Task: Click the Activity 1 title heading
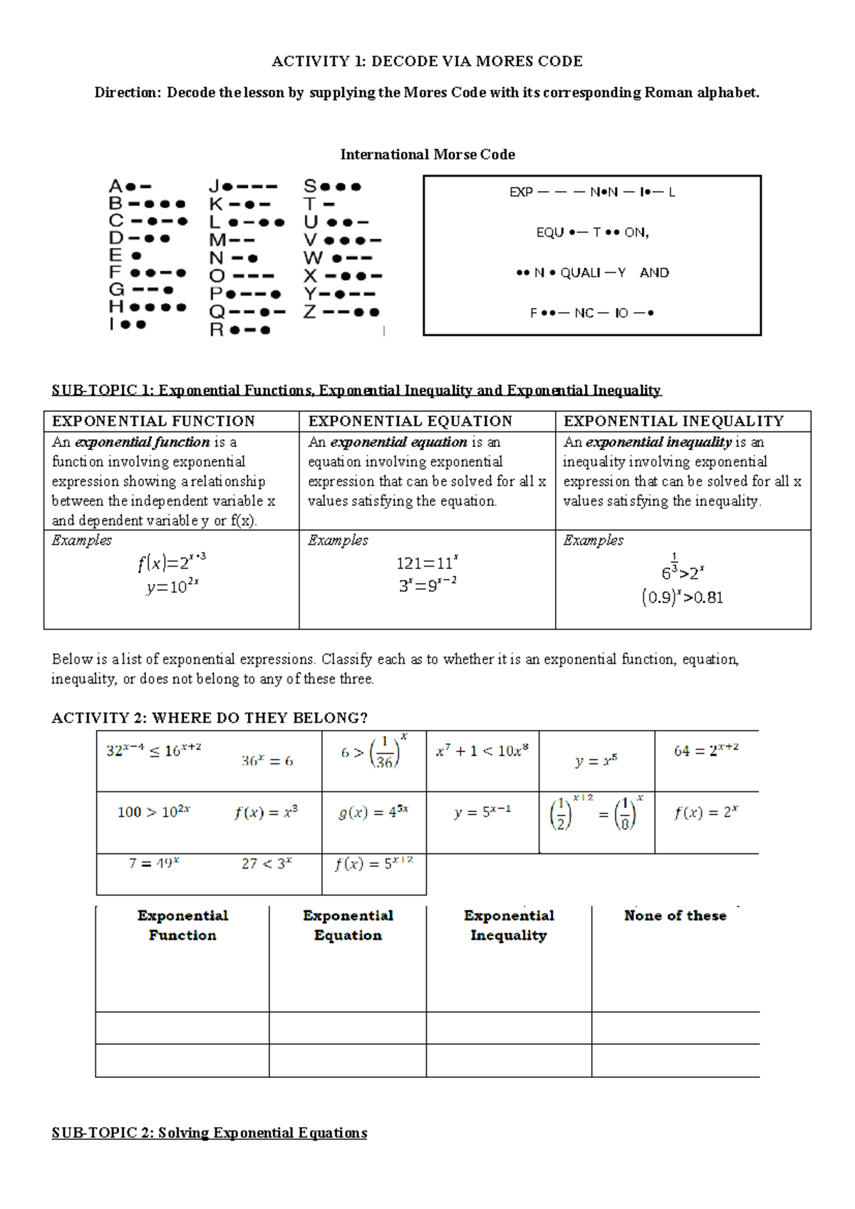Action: tap(427, 61)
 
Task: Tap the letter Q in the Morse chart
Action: tap(217, 312)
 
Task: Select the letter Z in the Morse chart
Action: tap(309, 312)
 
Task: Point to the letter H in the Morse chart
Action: tap(116, 307)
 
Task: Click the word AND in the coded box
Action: tap(654, 273)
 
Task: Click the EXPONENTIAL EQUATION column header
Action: tap(410, 421)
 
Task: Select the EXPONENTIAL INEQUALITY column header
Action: tap(673, 421)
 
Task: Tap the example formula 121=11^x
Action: tap(427, 563)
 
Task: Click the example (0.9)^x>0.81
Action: tap(682, 597)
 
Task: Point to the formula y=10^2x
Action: tap(172, 587)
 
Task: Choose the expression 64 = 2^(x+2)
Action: tap(706, 750)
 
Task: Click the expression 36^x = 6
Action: tap(266, 761)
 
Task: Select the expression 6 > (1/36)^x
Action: tap(373, 752)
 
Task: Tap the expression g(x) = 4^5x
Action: tap(373, 812)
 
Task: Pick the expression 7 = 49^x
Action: tap(153, 863)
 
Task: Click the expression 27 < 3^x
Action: tap(266, 863)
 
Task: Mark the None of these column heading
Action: tap(675, 916)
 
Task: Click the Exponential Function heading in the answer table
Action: tap(182, 925)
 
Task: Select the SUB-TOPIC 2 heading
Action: tap(209, 1133)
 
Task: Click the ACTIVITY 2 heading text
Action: tap(209, 718)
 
